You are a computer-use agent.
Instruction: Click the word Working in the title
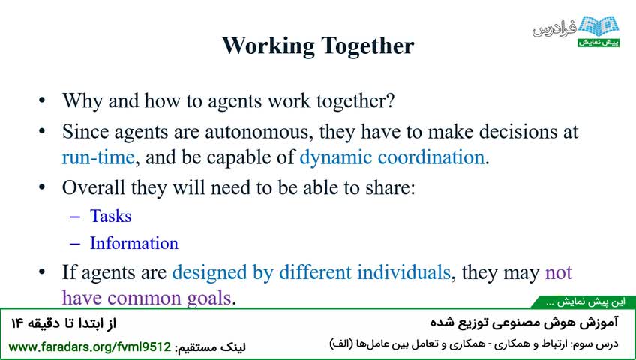click(x=268, y=46)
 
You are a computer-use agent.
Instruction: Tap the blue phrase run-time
click(x=98, y=157)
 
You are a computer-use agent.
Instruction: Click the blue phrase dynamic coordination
click(x=391, y=157)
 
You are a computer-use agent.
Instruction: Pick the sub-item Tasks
click(x=111, y=216)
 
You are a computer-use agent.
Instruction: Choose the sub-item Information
click(x=134, y=243)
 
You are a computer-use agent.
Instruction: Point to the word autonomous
click(x=259, y=132)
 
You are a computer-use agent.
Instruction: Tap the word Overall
click(x=93, y=187)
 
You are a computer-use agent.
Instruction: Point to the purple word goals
click(x=209, y=298)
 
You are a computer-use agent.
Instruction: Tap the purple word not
click(x=559, y=272)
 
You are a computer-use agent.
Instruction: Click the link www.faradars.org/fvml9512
click(x=90, y=347)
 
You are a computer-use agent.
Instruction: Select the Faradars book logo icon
click(x=598, y=27)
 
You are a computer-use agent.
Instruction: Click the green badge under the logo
click(x=598, y=43)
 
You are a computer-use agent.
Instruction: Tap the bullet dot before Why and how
click(x=42, y=100)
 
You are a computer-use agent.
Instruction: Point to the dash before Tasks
click(x=75, y=217)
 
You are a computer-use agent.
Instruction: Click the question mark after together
click(x=390, y=100)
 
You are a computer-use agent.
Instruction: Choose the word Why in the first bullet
click(x=82, y=101)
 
